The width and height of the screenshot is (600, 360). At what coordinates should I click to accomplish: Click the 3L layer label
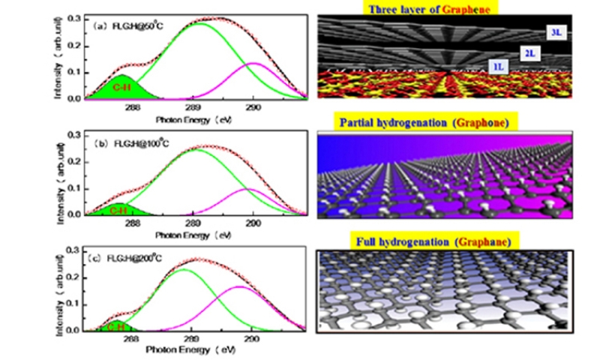556,34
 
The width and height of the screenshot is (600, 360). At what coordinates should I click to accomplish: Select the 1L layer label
496,67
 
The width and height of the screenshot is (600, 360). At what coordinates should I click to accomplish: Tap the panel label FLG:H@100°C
130,142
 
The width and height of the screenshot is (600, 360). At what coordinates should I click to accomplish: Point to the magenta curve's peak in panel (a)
254,63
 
